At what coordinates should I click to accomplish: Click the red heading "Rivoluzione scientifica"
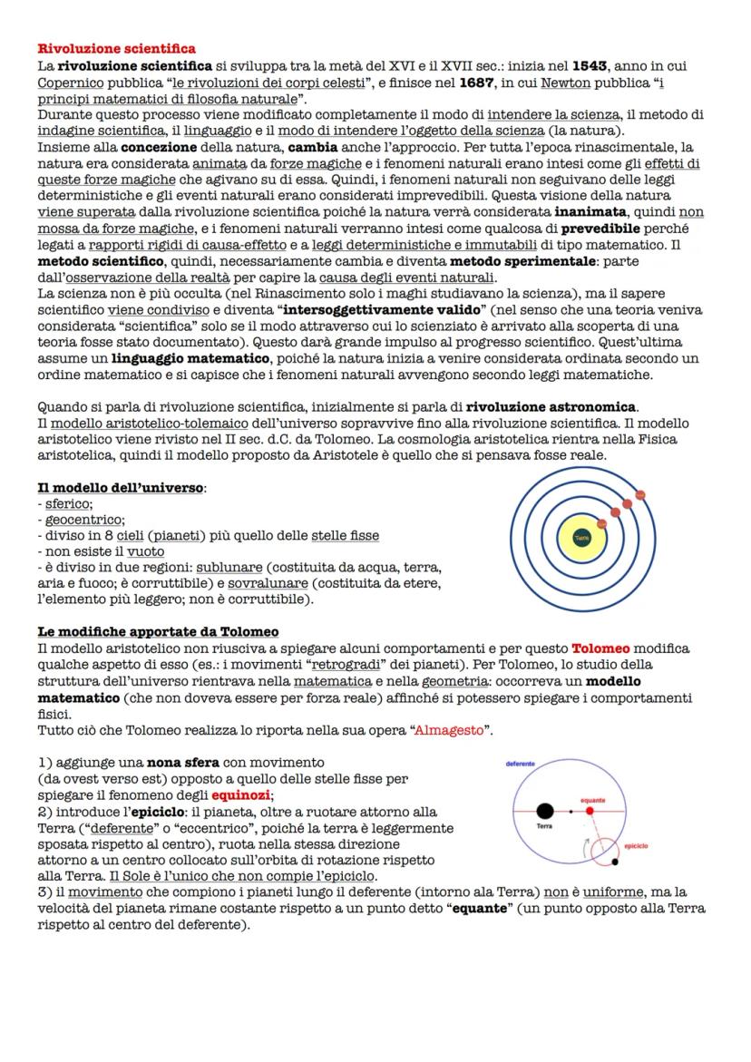(x=116, y=48)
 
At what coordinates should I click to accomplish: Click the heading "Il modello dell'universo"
(x=122, y=488)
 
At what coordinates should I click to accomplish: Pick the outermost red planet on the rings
(x=639, y=495)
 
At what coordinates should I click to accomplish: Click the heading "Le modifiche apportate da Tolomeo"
(x=158, y=631)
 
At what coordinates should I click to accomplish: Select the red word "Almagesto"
(x=449, y=730)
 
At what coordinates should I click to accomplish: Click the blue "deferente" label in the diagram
(x=520, y=765)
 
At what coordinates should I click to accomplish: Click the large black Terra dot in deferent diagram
(x=545, y=811)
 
